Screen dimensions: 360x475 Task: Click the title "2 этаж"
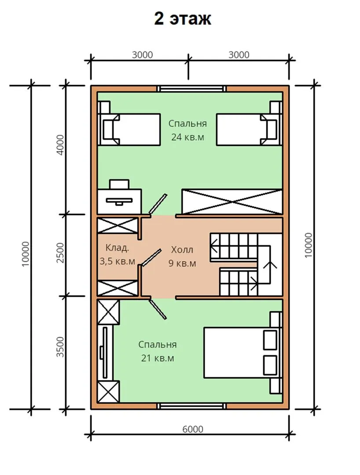pyautogui.click(x=183, y=19)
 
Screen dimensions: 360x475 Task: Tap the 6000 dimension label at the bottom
pyautogui.click(x=193, y=429)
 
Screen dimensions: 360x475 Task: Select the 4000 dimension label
pyautogui.click(x=61, y=145)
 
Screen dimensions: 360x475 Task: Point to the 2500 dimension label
pyautogui.click(x=61, y=252)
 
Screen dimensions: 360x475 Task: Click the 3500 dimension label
pyautogui.click(x=61, y=347)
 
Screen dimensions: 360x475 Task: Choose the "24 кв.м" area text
pyautogui.click(x=187, y=137)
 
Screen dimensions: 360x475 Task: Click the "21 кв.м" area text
pyautogui.click(x=158, y=358)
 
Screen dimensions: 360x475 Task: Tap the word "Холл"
pyautogui.click(x=182, y=250)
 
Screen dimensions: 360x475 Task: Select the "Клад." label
pyautogui.click(x=117, y=248)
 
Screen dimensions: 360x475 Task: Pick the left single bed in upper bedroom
pyautogui.click(x=129, y=129)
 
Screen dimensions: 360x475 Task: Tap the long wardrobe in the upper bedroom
pyautogui.click(x=232, y=201)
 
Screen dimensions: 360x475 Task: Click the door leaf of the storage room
pyautogui.click(x=151, y=257)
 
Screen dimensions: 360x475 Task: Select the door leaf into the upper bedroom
pyautogui.click(x=158, y=204)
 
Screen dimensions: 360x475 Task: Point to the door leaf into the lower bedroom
pyautogui.click(x=158, y=309)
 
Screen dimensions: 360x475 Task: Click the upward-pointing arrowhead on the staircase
pyautogui.click(x=270, y=264)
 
